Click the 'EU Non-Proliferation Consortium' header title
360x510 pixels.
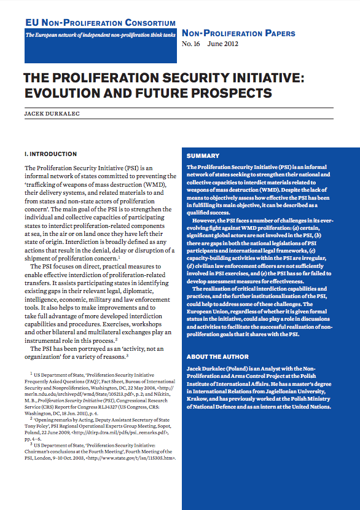pos(99,23)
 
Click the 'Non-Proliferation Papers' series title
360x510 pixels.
pos(238,33)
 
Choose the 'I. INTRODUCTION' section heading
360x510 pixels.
pos(50,154)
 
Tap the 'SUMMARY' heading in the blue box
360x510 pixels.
pos(203,156)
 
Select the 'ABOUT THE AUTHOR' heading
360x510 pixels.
pos(217,356)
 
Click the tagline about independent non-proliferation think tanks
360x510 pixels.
pos(99,36)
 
